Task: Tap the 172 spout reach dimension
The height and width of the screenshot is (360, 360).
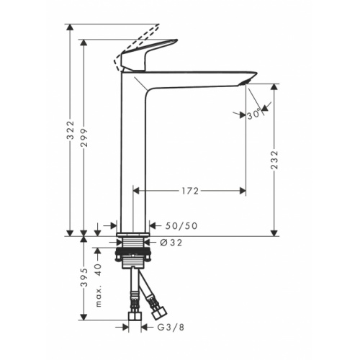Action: pos(189,192)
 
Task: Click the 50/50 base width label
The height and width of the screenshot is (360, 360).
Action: pos(181,226)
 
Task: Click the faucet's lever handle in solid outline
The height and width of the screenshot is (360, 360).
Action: pos(148,55)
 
